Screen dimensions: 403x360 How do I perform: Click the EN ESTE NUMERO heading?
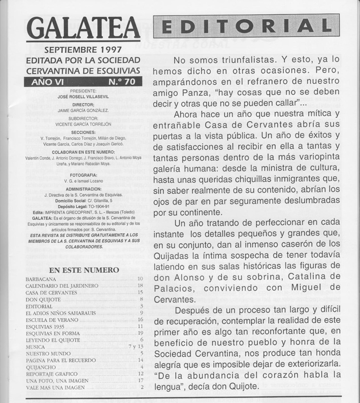click(84, 270)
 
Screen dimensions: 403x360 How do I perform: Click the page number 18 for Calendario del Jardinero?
click(141, 286)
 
